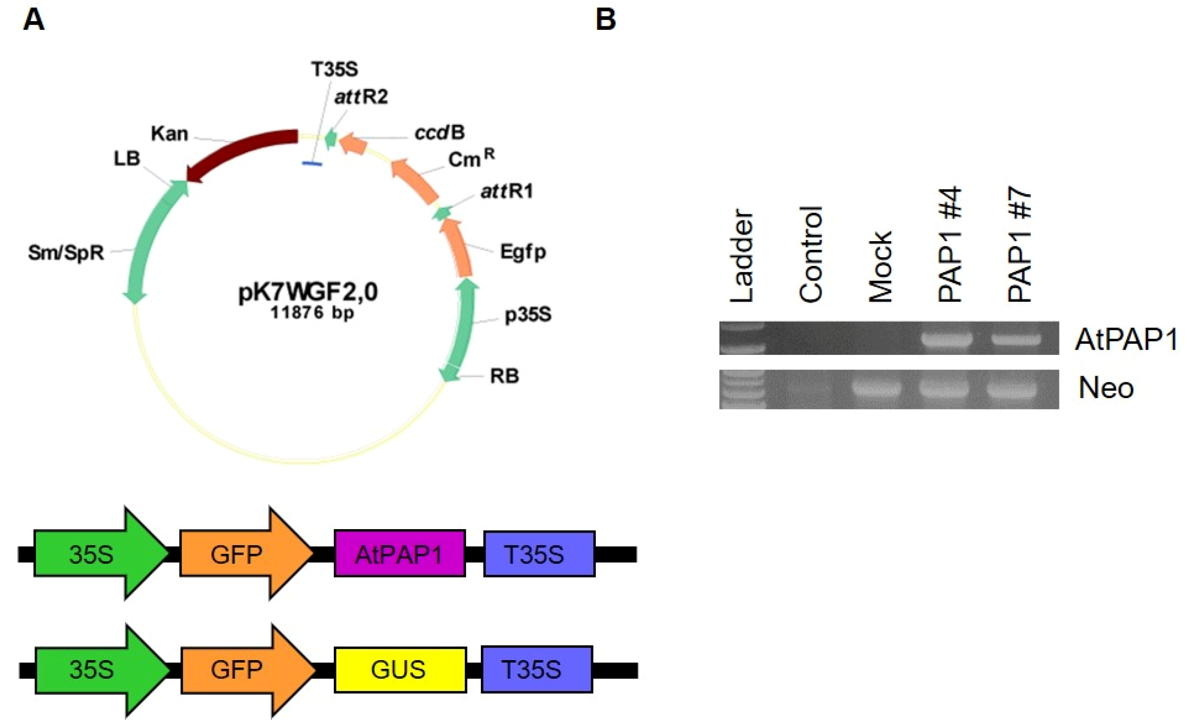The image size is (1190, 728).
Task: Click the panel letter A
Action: tap(33, 21)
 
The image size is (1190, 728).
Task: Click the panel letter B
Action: tap(606, 21)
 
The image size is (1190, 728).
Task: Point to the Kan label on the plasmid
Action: tap(169, 134)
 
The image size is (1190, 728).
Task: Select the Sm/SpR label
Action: tap(66, 252)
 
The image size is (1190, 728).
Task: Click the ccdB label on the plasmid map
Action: tap(439, 133)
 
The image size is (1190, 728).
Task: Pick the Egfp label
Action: tap(522, 252)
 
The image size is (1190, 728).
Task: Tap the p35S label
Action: tap(528, 315)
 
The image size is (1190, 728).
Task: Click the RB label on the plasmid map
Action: tap(504, 376)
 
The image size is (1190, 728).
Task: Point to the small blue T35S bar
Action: tap(312, 164)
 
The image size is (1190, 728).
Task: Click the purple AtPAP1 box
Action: tap(400, 554)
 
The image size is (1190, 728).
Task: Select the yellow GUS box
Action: tap(400, 670)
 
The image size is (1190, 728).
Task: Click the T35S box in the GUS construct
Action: tap(536, 670)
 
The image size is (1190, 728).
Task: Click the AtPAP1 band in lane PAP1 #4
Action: tap(947, 338)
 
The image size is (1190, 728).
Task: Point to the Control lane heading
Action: tap(811, 255)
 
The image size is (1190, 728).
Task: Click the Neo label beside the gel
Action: tap(1106, 388)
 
